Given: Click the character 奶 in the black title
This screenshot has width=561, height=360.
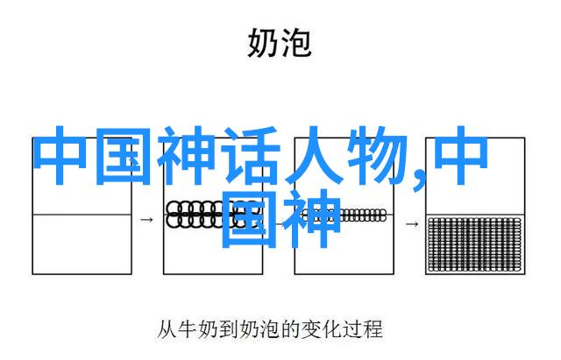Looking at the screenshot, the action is click(263, 43).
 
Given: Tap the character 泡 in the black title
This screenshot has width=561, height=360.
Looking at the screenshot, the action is click(295, 43).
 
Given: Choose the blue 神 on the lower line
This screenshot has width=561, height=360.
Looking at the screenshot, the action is click(311, 218).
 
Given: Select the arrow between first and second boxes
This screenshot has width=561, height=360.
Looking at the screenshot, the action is click(146, 220).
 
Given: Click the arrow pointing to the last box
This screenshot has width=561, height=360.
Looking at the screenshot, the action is click(412, 224).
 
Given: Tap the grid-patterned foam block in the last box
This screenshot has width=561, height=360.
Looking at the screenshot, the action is click(475, 244).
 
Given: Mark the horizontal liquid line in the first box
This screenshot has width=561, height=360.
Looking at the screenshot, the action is click(82, 215).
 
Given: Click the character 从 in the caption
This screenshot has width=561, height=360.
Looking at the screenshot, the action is click(167, 329).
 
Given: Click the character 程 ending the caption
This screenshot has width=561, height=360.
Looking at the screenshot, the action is click(372, 329).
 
